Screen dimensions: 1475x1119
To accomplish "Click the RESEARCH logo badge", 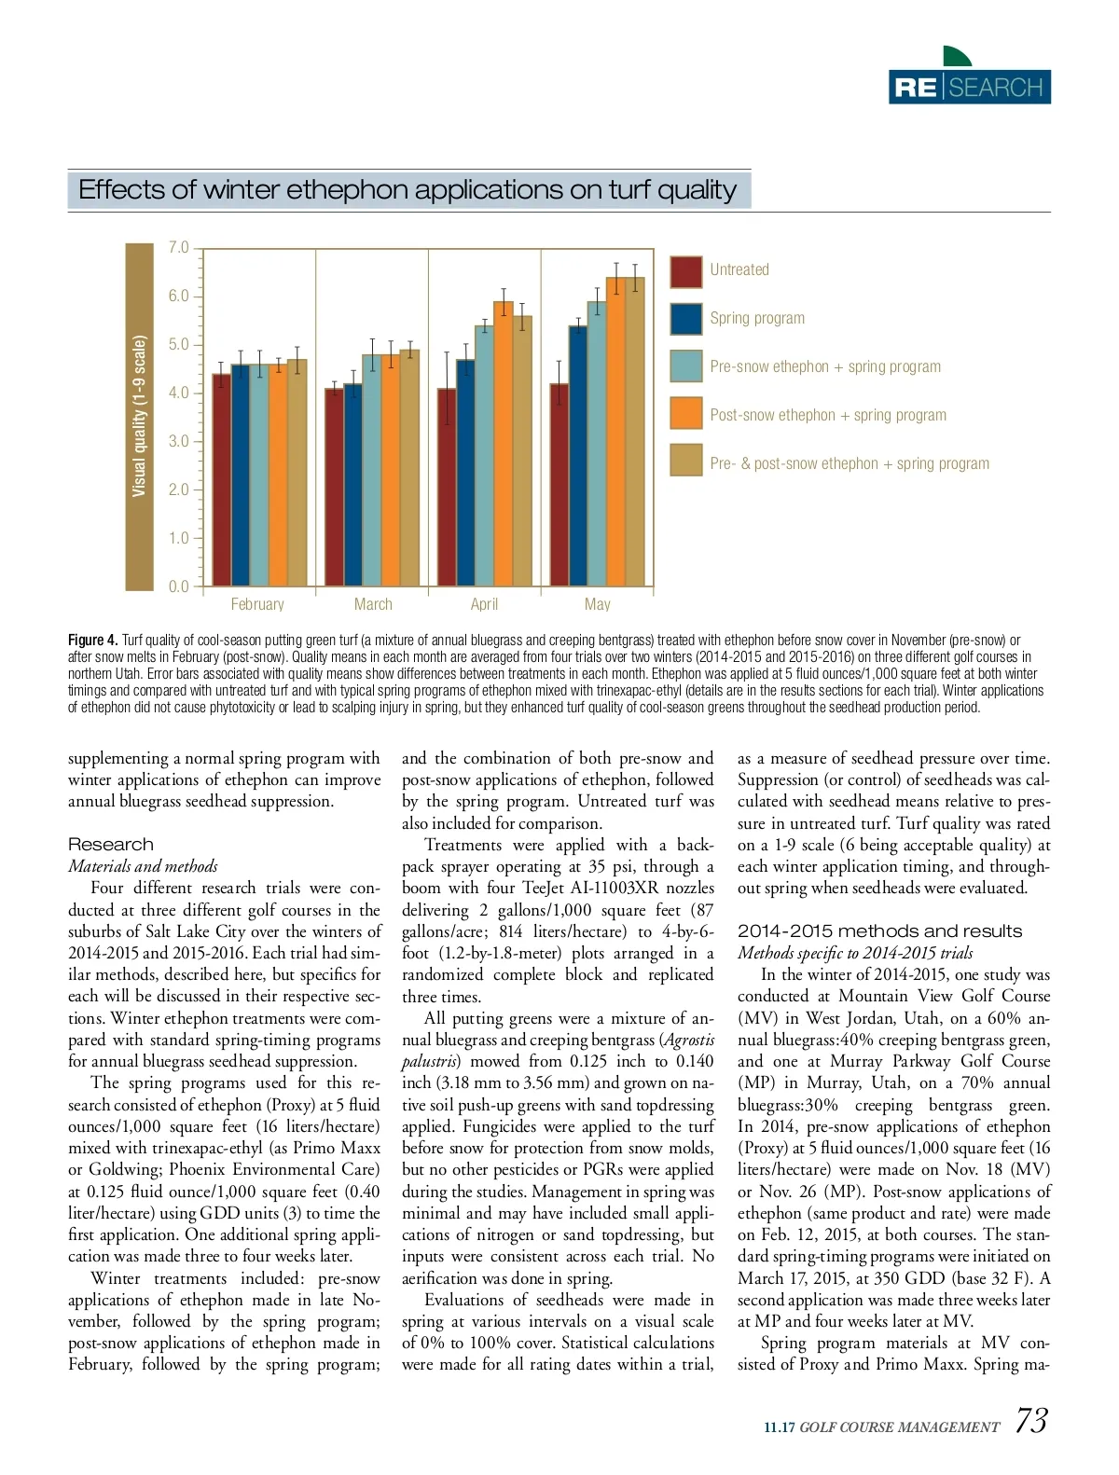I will click(x=969, y=87).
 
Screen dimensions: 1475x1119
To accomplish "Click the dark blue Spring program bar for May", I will click(x=578, y=456).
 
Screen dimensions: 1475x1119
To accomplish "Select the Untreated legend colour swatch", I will click(x=686, y=271).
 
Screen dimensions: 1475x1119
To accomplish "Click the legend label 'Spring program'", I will click(x=757, y=319).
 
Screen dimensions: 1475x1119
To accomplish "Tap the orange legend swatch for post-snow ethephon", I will click(x=686, y=414).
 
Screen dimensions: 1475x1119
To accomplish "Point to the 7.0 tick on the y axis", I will click(x=179, y=248).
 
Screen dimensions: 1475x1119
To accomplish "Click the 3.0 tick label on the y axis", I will click(x=179, y=441).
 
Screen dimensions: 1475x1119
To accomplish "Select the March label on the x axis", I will click(x=373, y=604).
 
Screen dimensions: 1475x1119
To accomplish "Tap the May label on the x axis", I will click(x=598, y=604).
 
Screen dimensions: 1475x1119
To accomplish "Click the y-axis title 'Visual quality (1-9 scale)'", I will click(x=140, y=417).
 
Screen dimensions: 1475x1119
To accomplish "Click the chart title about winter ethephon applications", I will click(x=408, y=190).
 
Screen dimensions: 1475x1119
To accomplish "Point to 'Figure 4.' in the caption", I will click(x=92, y=641).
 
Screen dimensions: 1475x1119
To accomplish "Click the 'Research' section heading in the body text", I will click(x=111, y=845).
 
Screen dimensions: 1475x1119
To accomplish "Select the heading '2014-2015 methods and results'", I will click(x=879, y=930).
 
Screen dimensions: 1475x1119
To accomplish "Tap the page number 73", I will click(x=1030, y=1421).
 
